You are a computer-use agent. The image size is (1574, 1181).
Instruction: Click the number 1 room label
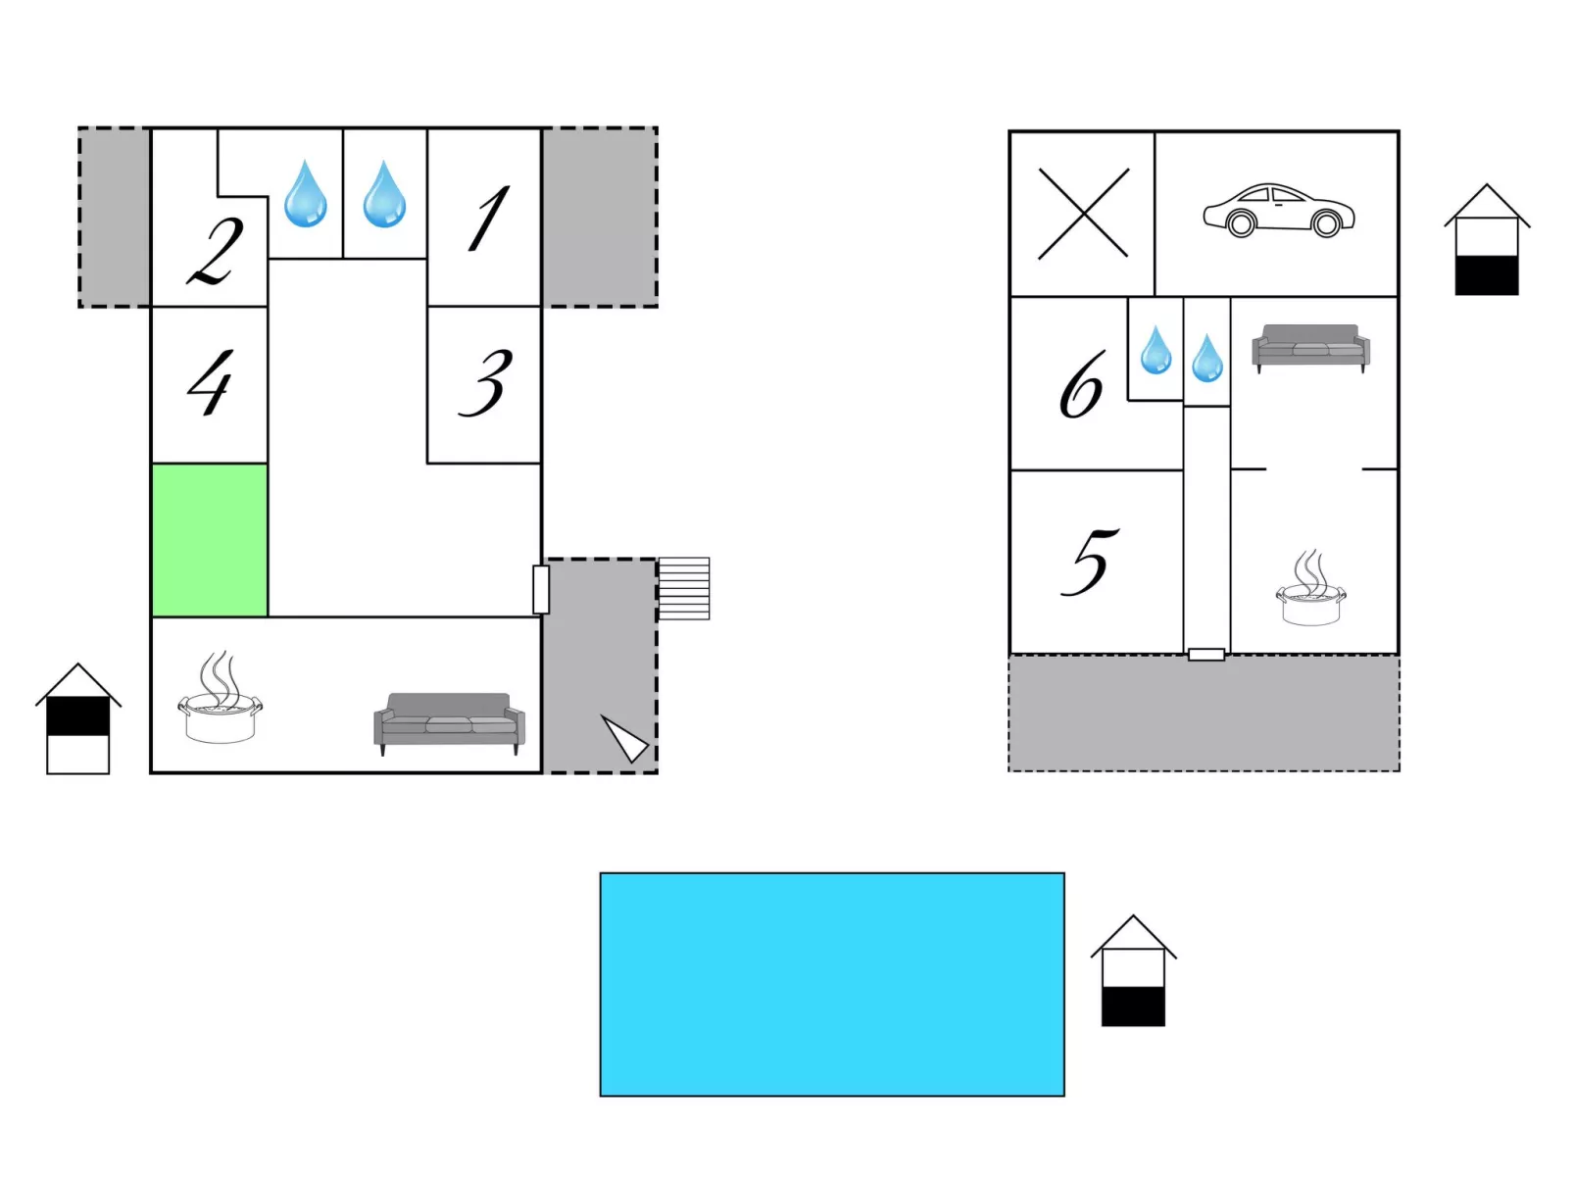(488, 218)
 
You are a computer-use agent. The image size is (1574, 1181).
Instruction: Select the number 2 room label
(215, 251)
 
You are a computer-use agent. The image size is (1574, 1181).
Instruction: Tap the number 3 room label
(485, 383)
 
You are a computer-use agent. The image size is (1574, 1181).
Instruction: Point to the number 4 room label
(211, 382)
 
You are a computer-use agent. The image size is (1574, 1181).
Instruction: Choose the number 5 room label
(1090, 562)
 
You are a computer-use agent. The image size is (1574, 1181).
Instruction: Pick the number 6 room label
(1082, 384)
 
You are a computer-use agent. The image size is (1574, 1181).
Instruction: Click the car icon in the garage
(1279, 211)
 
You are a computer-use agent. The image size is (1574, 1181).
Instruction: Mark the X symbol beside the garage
(1083, 214)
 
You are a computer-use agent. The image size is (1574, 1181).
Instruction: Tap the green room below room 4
(210, 540)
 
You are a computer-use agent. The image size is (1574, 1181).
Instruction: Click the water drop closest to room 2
(306, 194)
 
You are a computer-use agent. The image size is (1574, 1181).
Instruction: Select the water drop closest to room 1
(384, 194)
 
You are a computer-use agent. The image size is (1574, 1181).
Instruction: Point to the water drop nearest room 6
(1156, 350)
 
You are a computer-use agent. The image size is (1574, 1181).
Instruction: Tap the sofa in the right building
(1311, 348)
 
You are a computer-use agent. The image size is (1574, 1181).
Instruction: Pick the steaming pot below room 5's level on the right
(1310, 587)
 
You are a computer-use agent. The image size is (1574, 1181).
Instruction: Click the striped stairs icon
(683, 588)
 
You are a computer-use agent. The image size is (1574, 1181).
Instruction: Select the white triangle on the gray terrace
(624, 738)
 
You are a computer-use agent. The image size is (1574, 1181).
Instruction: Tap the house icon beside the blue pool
(1133, 970)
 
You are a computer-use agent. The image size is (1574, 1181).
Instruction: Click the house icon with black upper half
(78, 718)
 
